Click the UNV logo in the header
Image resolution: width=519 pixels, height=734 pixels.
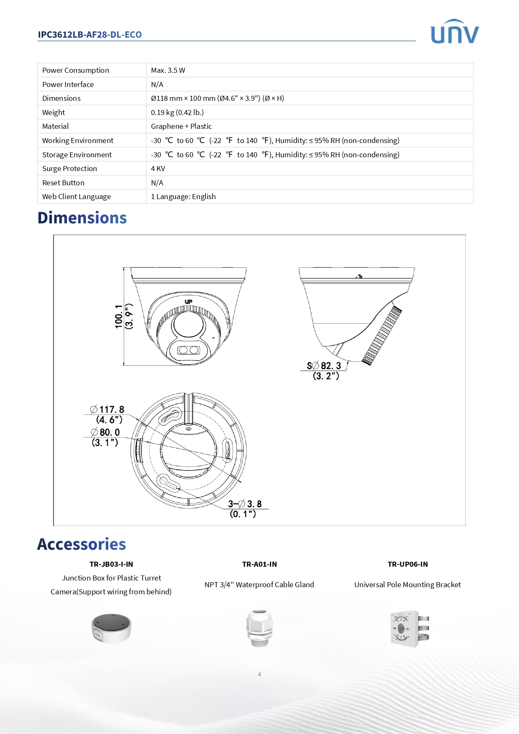pyautogui.click(x=454, y=32)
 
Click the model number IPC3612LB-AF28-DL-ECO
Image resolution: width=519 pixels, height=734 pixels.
pyautogui.click(x=89, y=35)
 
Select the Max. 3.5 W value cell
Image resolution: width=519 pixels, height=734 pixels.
pyautogui.click(x=168, y=70)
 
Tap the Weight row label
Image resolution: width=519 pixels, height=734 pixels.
pyautogui.click(x=54, y=113)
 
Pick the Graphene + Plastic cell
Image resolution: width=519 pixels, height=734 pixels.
pyautogui.click(x=181, y=126)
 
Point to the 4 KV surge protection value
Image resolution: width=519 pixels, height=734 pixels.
pyautogui.click(x=158, y=169)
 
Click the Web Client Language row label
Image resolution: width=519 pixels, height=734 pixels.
pyautogui.click(x=77, y=197)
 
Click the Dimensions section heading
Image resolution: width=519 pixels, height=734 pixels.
pyautogui.click(x=82, y=218)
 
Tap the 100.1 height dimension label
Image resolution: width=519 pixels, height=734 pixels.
pyautogui.click(x=119, y=317)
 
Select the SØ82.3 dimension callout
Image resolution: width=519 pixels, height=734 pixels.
pyautogui.click(x=324, y=366)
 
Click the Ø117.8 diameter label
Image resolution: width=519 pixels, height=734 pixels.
pyautogui.click(x=107, y=409)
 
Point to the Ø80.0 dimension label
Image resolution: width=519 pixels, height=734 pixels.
pyautogui.click(x=105, y=432)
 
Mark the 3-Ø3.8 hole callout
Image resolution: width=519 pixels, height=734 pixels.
pyautogui.click(x=245, y=504)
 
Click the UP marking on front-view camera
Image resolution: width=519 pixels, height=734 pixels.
pyautogui.click(x=189, y=302)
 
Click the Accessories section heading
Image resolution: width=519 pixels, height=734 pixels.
pyautogui.click(x=82, y=544)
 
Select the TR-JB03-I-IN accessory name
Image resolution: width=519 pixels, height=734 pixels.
pyautogui.click(x=111, y=564)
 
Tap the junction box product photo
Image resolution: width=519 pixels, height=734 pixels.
pyautogui.click(x=111, y=628)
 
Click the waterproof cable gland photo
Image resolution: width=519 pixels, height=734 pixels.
pyautogui.click(x=259, y=628)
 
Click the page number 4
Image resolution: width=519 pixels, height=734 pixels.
pyautogui.click(x=259, y=674)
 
